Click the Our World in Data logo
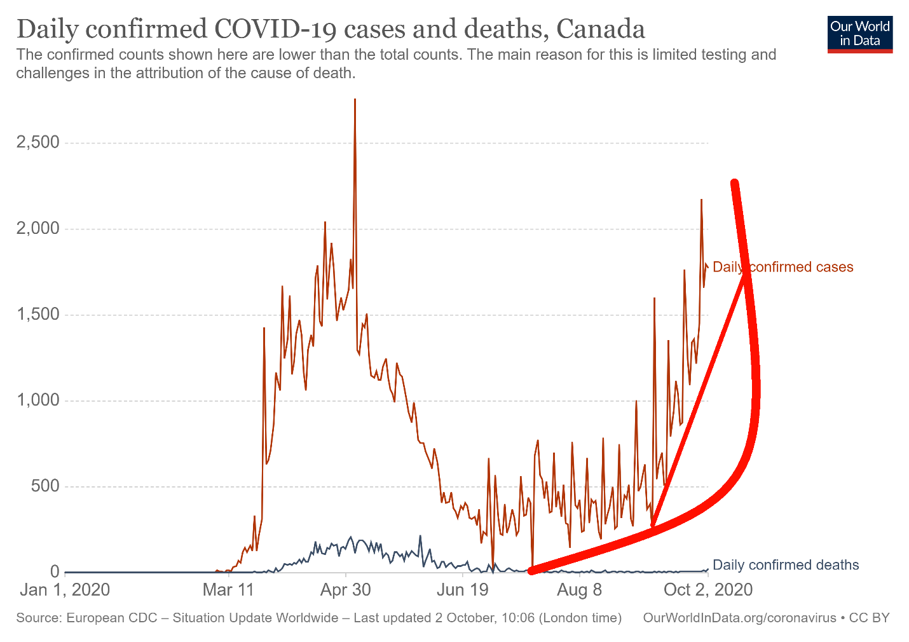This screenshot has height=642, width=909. click(x=860, y=34)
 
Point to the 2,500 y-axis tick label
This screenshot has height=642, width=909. click(x=38, y=142)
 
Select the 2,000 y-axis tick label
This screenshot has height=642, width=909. click(x=38, y=228)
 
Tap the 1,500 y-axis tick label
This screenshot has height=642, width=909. click(x=38, y=315)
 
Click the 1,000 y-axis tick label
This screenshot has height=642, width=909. click(x=38, y=400)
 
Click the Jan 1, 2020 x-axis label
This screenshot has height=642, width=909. click(x=65, y=590)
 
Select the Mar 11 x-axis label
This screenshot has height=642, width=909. click(x=228, y=590)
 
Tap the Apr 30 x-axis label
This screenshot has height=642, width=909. click(x=345, y=590)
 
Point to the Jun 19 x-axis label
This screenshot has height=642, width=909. click(x=463, y=590)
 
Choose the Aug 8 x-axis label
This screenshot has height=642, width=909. click(x=579, y=590)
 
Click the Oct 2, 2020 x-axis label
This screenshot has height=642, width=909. click(x=707, y=590)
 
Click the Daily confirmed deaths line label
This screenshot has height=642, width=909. click(x=786, y=565)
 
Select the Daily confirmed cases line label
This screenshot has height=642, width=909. click(x=783, y=267)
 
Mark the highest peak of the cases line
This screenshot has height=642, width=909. click(x=355, y=100)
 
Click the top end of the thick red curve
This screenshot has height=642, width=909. click(x=735, y=184)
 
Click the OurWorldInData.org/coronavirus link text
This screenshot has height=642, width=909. click(x=739, y=618)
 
